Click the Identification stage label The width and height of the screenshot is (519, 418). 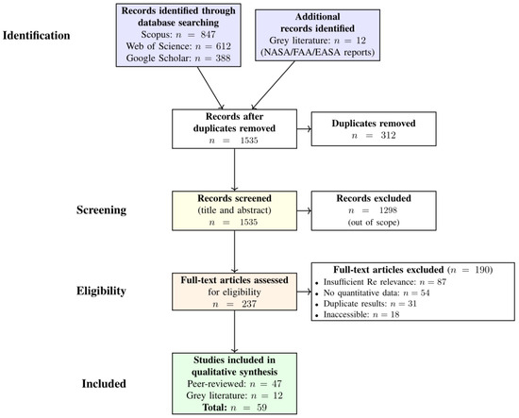(37, 36)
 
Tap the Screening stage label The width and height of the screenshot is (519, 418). (101, 209)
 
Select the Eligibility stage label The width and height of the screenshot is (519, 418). (101, 291)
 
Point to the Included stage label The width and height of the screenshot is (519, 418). (104, 384)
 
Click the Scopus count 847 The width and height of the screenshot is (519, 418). (208, 34)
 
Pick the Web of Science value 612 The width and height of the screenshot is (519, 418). (224, 46)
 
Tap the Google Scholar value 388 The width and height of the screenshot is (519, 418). (223, 59)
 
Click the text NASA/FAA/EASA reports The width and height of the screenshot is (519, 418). (317, 52)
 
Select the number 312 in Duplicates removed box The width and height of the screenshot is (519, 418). (388, 135)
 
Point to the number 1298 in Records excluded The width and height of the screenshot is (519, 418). (388, 210)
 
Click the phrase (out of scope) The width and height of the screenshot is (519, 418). (374, 222)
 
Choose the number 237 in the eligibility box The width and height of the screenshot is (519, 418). (249, 304)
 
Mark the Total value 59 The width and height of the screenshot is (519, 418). (261, 408)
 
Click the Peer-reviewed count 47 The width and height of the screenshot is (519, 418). (276, 384)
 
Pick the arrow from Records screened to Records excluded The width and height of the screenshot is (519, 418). (304, 210)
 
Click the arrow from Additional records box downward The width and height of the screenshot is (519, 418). (273, 85)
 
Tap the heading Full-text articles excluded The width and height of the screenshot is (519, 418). (388, 270)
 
